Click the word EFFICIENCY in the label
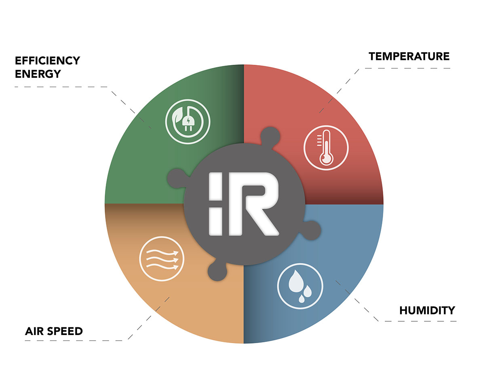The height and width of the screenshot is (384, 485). tap(47, 61)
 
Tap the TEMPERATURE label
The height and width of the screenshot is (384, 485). tap(409, 56)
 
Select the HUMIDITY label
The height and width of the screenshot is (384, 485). tap(427, 310)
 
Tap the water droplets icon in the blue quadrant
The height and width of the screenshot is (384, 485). tap(300, 286)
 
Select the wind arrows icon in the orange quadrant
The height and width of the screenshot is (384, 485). tap(161, 259)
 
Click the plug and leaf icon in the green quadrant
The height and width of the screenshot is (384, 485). tap(188, 121)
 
